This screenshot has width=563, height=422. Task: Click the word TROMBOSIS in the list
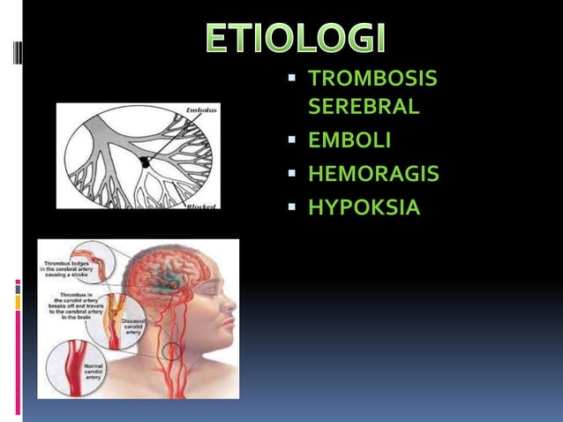tap(372, 79)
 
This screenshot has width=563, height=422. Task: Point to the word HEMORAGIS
tap(373, 174)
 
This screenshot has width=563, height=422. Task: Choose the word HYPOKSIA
tap(364, 207)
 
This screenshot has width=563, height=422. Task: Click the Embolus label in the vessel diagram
tap(200, 109)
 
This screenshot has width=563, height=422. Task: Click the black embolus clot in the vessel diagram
tap(144, 161)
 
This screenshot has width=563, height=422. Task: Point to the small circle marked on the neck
tap(172, 350)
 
